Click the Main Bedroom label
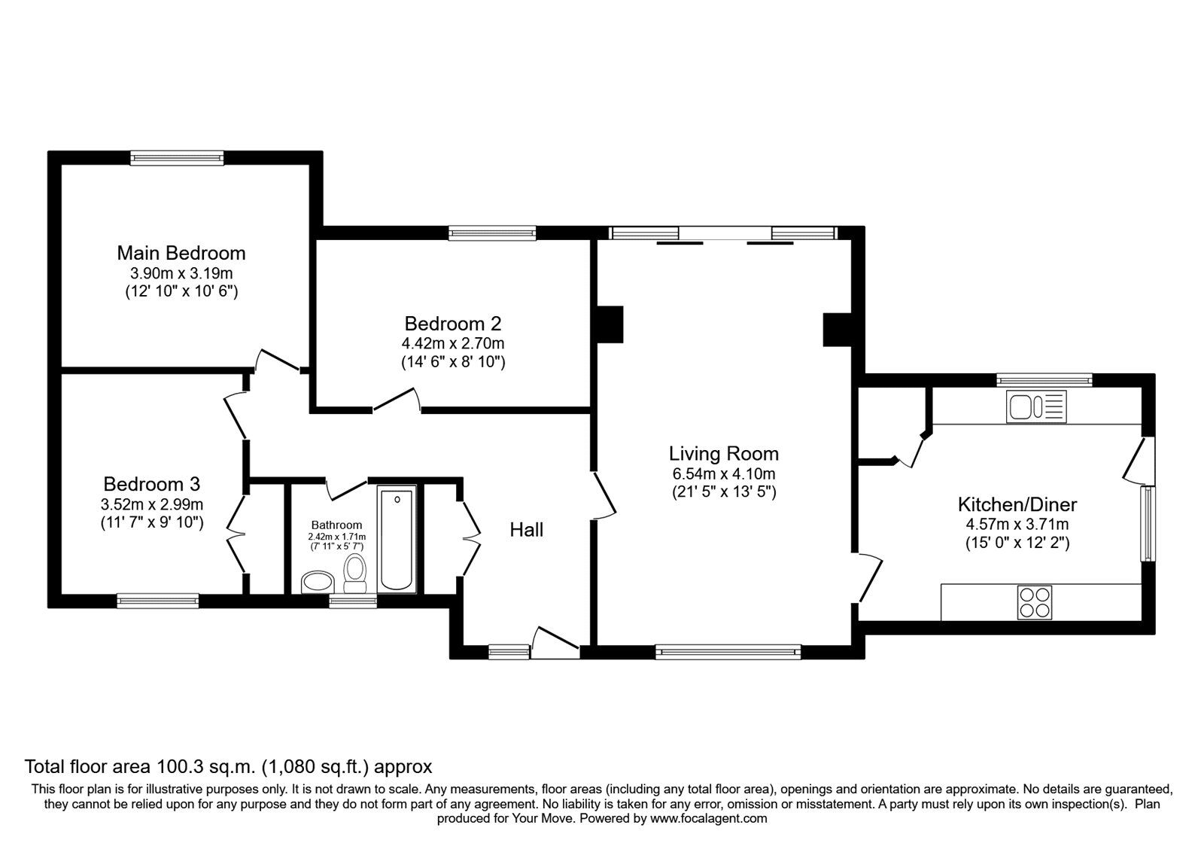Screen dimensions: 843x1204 click(x=181, y=253)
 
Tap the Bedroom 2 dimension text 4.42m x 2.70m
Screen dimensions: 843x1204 click(x=452, y=343)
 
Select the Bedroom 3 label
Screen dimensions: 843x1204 click(x=151, y=484)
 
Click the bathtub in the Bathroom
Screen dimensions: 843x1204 click(x=397, y=539)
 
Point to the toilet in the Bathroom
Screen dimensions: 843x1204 click(x=354, y=573)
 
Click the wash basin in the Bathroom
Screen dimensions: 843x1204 click(x=318, y=582)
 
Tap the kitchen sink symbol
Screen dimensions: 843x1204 click(x=1036, y=407)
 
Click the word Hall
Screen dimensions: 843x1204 click(x=526, y=530)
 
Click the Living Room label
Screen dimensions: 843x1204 click(x=723, y=454)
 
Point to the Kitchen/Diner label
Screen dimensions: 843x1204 click(x=1017, y=504)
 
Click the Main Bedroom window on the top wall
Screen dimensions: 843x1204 click(x=177, y=157)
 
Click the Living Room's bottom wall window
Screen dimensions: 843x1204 click(x=728, y=652)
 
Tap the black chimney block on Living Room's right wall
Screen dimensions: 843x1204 click(x=836, y=330)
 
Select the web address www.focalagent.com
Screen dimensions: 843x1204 click(x=708, y=818)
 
